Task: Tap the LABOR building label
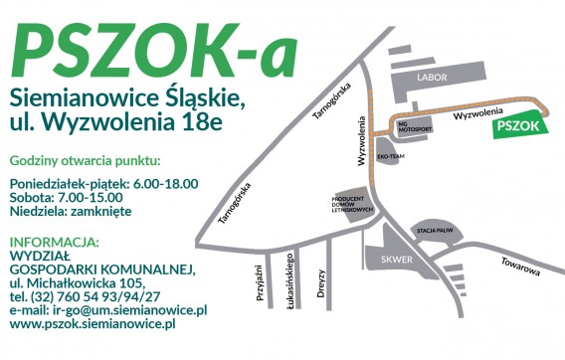[x=433, y=77]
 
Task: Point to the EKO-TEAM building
[x=389, y=156]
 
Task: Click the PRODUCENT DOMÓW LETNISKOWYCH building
[x=353, y=203]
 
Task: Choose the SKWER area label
[x=395, y=260]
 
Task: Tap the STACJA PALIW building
[x=435, y=230]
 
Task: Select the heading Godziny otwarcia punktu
[x=84, y=161]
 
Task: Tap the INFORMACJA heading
[x=54, y=242]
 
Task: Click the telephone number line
[x=84, y=296]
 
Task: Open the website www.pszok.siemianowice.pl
[x=92, y=323]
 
